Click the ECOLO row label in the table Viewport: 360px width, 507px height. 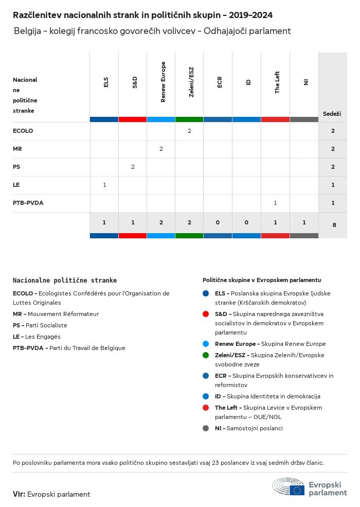click(23, 131)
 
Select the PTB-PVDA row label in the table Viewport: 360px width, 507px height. click(28, 203)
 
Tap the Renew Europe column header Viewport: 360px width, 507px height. click(163, 82)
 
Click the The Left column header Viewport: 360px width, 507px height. click(277, 83)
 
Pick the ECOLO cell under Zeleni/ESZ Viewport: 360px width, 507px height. click(189, 131)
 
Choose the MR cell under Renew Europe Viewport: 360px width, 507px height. click(161, 149)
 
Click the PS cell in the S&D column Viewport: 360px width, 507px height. click(133, 167)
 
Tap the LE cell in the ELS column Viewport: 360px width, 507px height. click(104, 185)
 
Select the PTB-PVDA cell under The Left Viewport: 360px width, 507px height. click(275, 203)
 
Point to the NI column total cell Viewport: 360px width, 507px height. click(304, 222)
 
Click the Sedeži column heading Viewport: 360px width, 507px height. click(332, 114)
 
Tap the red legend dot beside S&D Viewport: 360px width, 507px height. click(206, 314)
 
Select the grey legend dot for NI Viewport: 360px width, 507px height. click(206, 428)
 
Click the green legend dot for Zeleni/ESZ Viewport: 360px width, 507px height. click(206, 355)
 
